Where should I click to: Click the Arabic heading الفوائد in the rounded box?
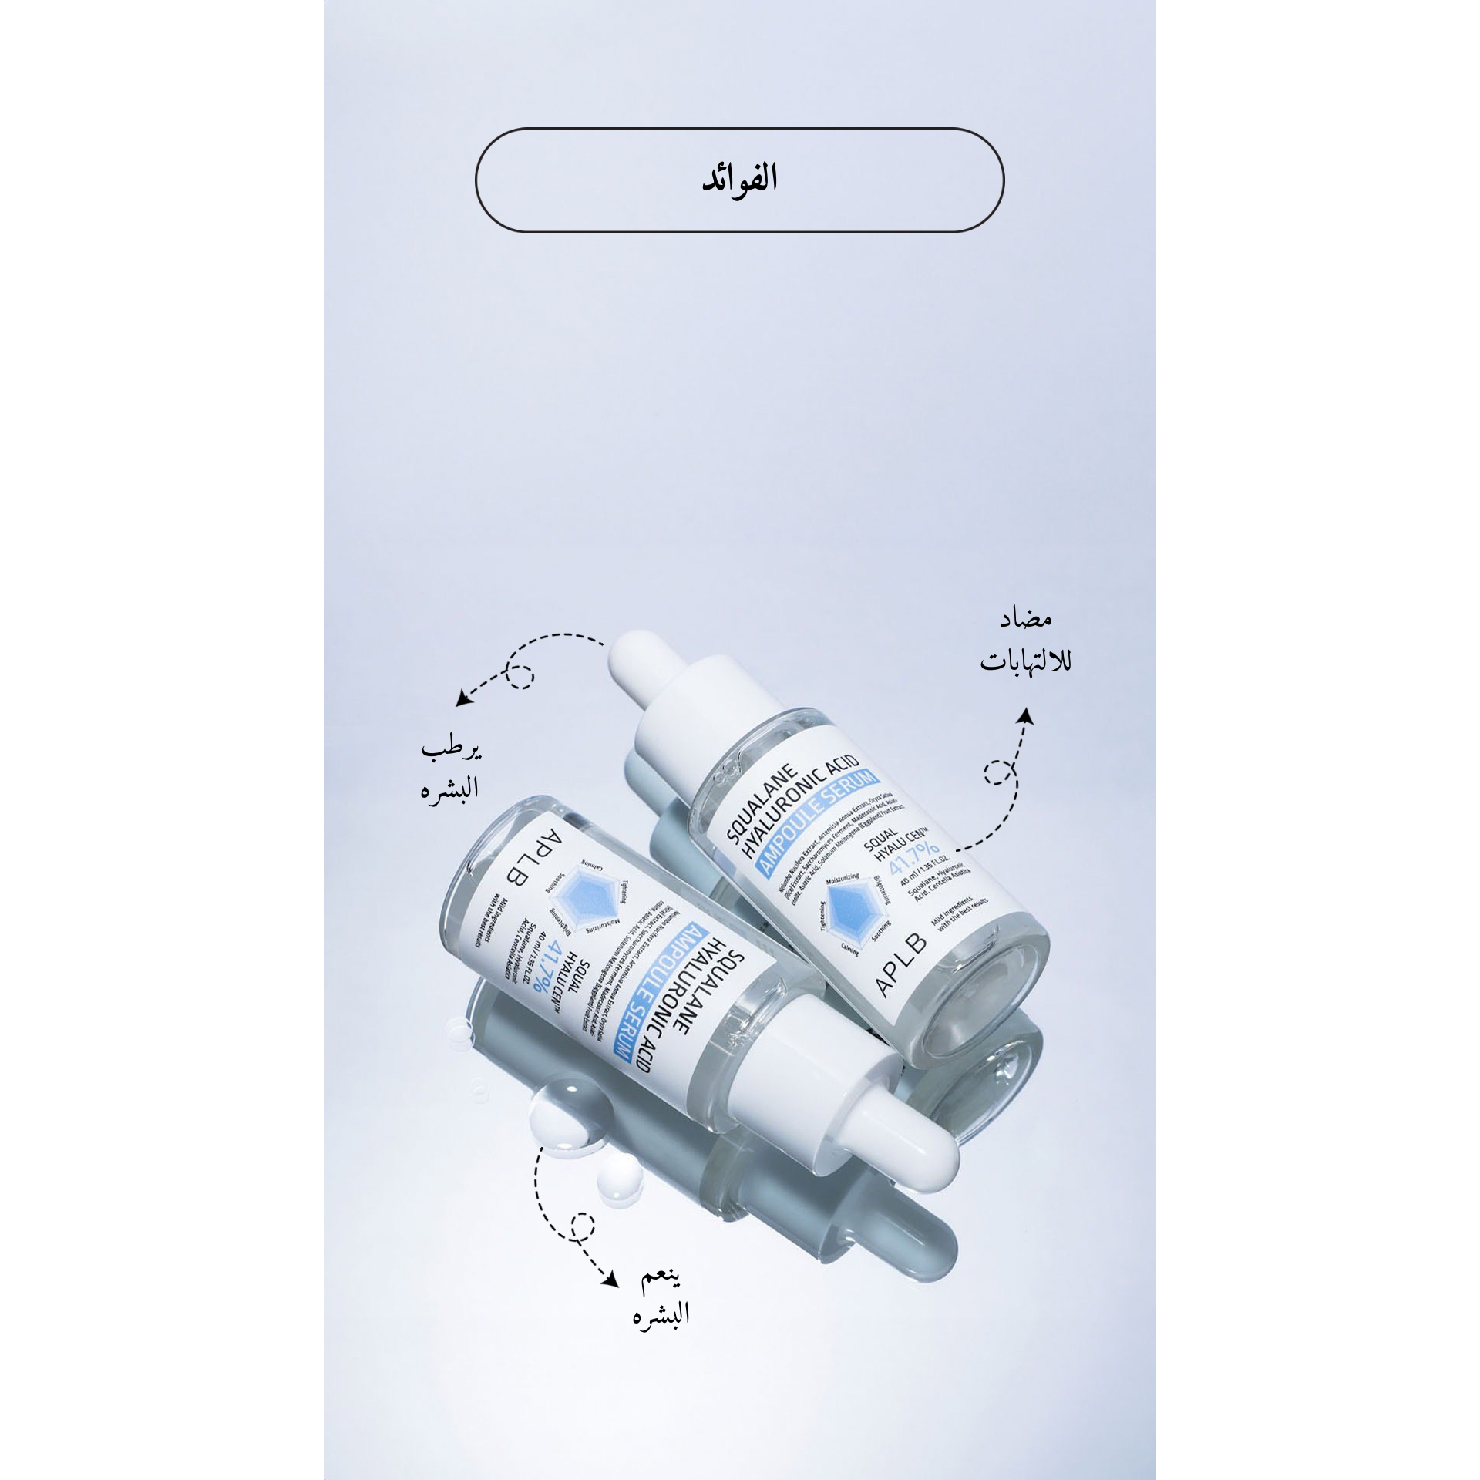coord(739,179)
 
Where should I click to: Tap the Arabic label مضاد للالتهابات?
coord(1025,642)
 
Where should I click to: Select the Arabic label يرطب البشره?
coord(451,771)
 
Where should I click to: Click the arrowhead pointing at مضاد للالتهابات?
coord(1024,716)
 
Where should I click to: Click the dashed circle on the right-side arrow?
coord(999,773)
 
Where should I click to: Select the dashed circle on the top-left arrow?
coord(520,676)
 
